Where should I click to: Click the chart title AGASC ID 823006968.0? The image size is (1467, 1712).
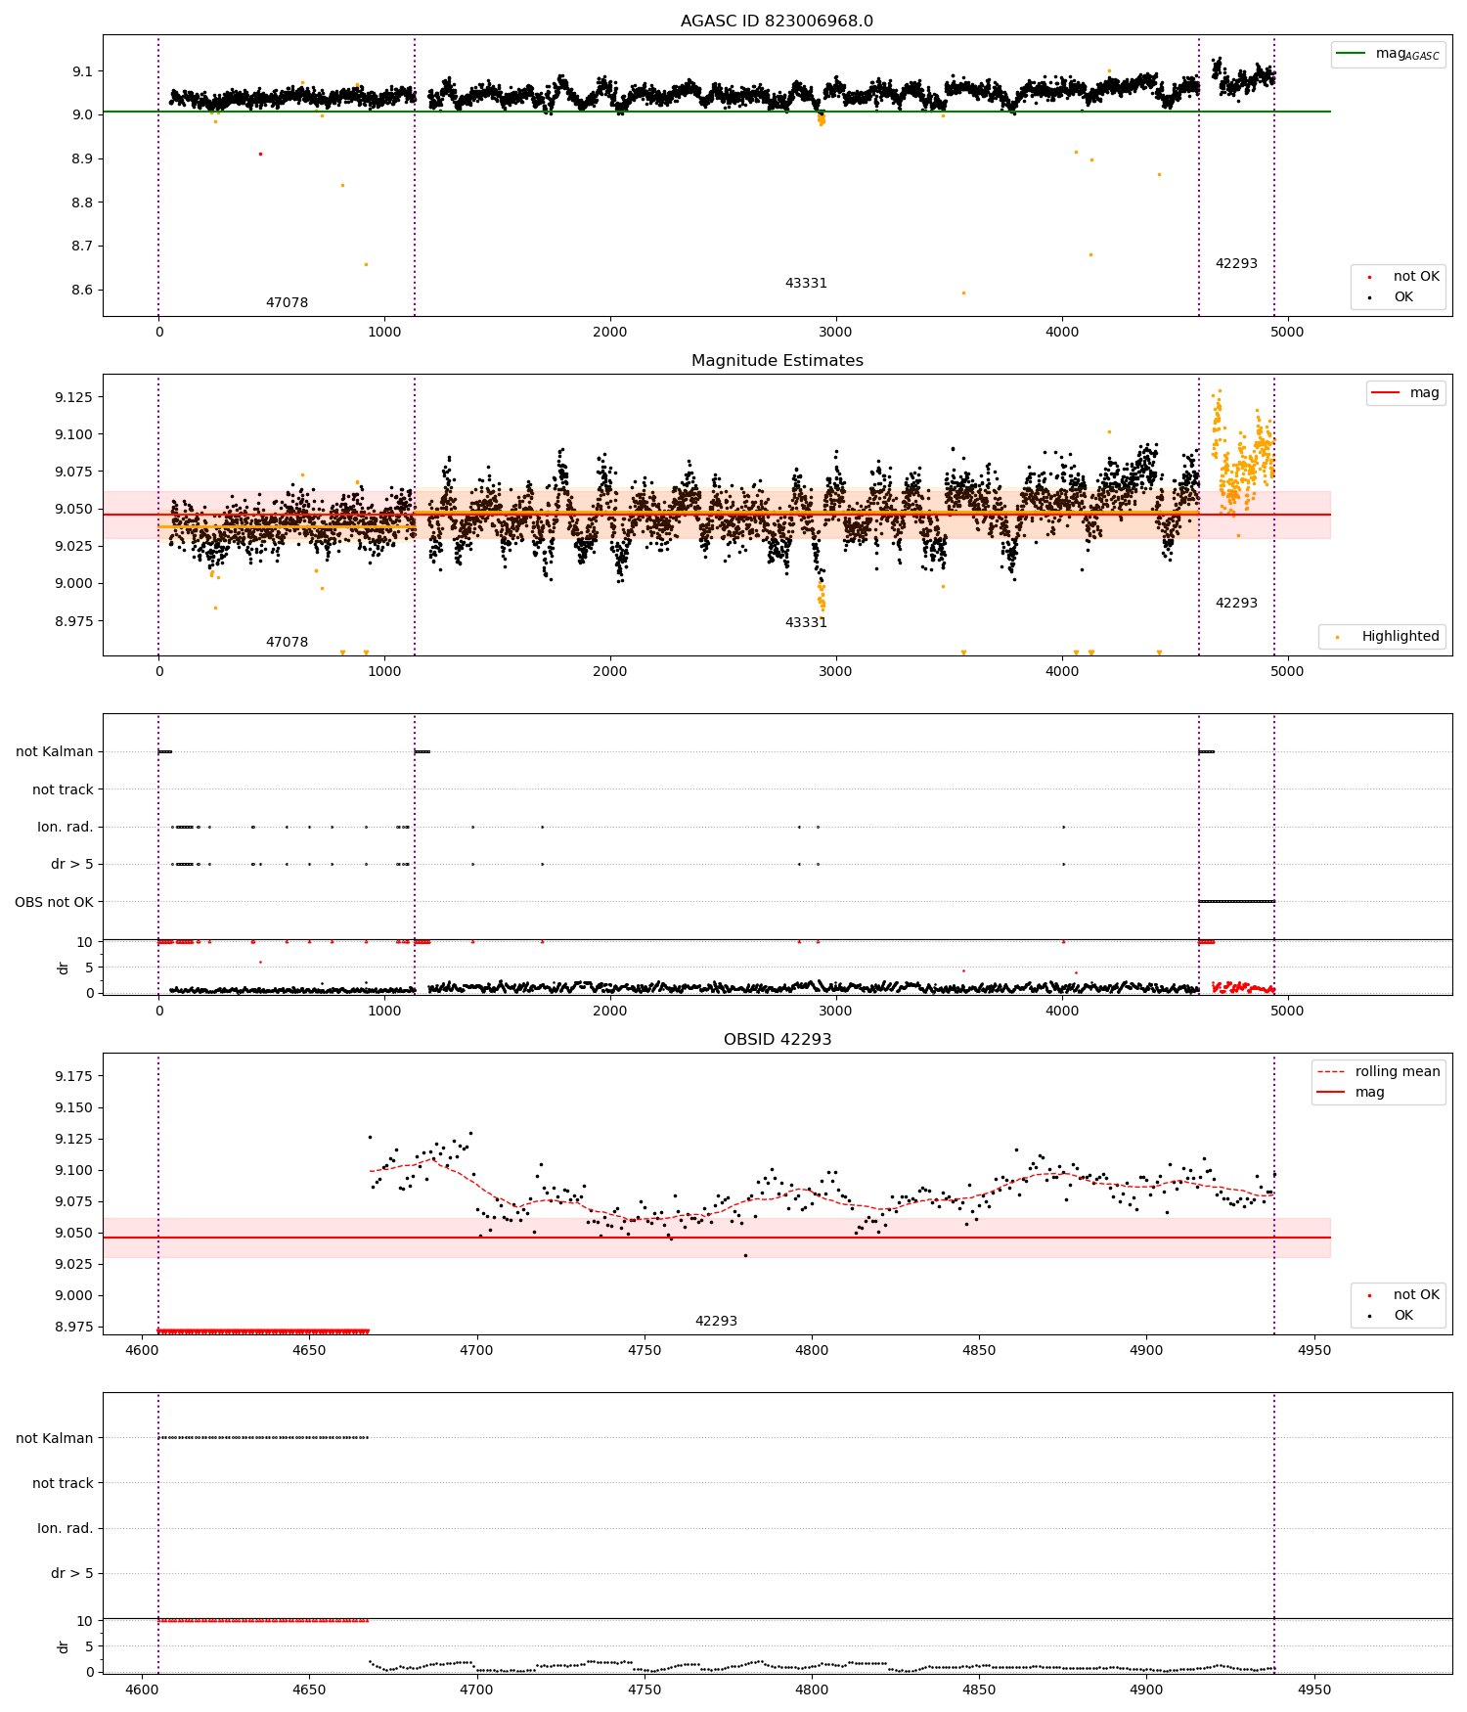[777, 22]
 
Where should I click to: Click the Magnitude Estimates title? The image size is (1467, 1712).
[777, 361]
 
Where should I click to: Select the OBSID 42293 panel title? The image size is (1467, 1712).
[777, 1040]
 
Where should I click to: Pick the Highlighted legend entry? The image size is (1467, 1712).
[1400, 636]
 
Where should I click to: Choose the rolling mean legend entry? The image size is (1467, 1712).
[1397, 1071]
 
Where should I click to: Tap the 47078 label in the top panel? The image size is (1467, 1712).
[287, 303]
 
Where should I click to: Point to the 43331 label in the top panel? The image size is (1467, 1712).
[806, 284]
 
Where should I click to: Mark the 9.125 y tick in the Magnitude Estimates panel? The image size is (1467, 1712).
[74, 397]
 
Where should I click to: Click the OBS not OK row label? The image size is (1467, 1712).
[54, 902]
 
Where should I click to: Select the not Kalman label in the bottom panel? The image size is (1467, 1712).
[54, 1438]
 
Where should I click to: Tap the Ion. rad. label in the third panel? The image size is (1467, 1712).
[65, 828]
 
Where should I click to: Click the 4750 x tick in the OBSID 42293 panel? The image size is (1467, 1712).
[644, 1350]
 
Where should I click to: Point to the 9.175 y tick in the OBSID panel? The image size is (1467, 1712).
[74, 1076]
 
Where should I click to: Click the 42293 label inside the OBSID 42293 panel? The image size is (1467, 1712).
[716, 1322]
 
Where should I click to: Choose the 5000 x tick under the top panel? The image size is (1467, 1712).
[1287, 332]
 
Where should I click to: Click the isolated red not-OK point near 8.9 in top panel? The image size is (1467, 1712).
[260, 154]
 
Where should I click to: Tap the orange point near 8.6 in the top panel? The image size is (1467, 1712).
[963, 293]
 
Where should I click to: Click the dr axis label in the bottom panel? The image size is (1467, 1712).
[64, 1646]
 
